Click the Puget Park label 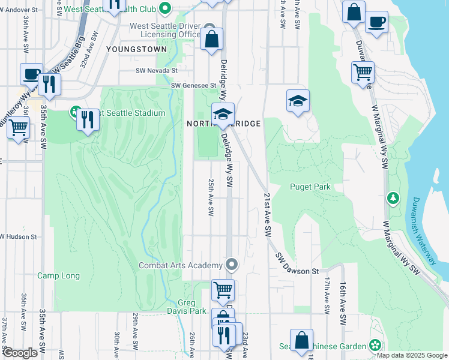[310, 187]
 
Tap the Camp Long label [58, 276]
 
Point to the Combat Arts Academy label [181, 265]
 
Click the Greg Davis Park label [191, 307]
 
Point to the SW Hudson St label [19, 237]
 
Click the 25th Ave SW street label [211, 197]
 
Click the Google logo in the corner [20, 353]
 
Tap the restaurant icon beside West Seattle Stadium [88, 119]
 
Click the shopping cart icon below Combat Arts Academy [223, 290]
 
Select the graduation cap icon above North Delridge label [223, 114]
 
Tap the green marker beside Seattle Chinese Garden [375, 345]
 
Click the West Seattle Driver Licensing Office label [165, 30]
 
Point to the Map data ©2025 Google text [412, 355]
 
